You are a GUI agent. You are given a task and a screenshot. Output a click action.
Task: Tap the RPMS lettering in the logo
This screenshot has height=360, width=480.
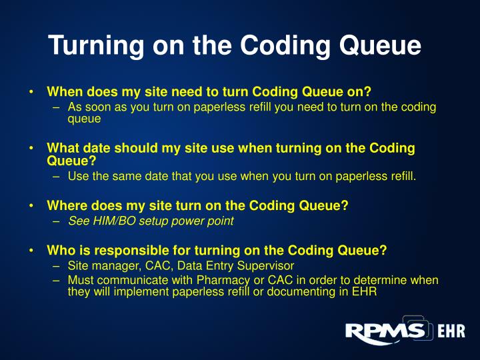coord(385,331)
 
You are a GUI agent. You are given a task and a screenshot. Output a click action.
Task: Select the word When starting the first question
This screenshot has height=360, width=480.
coord(64,93)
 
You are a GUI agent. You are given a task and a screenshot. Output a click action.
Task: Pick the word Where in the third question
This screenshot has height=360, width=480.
coord(65,206)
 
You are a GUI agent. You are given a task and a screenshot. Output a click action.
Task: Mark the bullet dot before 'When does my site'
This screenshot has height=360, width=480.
coord(31,93)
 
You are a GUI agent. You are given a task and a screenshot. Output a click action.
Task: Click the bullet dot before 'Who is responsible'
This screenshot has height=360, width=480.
coord(31,251)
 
